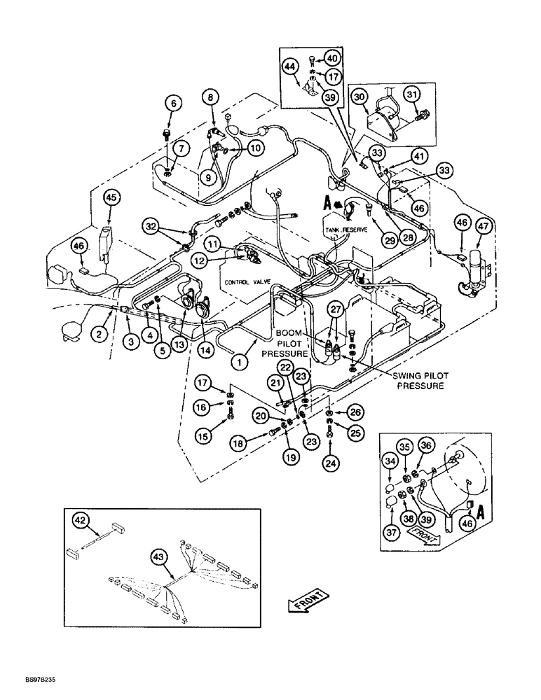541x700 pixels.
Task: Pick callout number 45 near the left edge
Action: [x=111, y=198]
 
